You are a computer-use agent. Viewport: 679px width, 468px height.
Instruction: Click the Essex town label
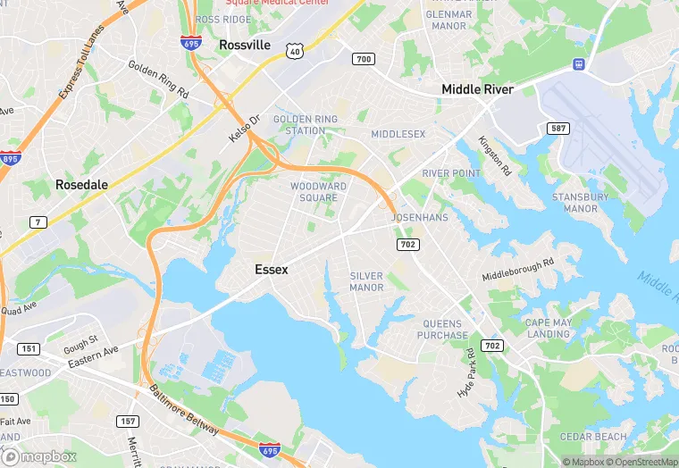pyautogui.click(x=272, y=269)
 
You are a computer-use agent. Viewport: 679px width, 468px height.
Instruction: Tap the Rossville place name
pyautogui.click(x=244, y=45)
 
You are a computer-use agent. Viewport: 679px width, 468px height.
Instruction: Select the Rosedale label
pyautogui.click(x=81, y=185)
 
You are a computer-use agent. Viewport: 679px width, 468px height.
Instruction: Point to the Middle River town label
pyautogui.click(x=477, y=89)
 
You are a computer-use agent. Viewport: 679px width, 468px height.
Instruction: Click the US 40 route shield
pyautogui.click(x=295, y=52)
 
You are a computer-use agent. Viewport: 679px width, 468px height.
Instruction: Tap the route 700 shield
pyautogui.click(x=364, y=59)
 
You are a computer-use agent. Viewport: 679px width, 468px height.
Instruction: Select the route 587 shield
pyautogui.click(x=558, y=130)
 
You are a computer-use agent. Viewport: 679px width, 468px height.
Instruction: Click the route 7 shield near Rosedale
pyautogui.click(x=38, y=221)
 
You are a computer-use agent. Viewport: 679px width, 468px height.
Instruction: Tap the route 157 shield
pyautogui.click(x=128, y=421)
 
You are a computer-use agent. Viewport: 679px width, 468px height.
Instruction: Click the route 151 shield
pyautogui.click(x=29, y=348)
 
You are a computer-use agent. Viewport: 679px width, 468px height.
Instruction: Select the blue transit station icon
pyautogui.click(x=578, y=64)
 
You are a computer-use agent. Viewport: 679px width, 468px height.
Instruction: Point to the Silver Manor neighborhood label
pyautogui.click(x=366, y=281)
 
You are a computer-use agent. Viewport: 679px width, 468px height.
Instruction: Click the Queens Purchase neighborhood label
pyautogui.click(x=442, y=330)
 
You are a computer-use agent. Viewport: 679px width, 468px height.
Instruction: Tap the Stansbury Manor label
pyautogui.click(x=580, y=203)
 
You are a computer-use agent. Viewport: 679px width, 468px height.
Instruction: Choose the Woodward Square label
pyautogui.click(x=319, y=191)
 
